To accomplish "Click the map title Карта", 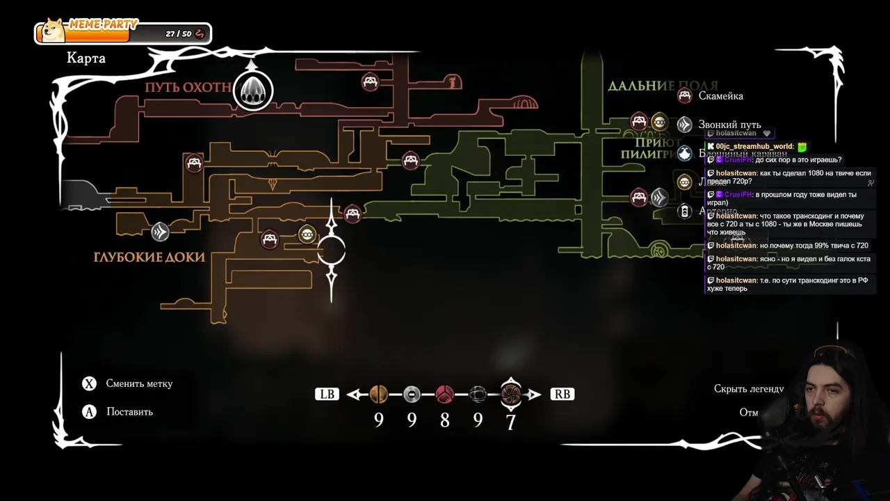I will point(86,58).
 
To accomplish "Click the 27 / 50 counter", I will point(179,33).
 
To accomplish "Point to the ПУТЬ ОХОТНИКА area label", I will point(188,88).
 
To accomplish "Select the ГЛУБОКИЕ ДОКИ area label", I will point(149,257).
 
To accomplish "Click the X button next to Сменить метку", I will point(89,384).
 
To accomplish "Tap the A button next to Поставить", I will point(89,412).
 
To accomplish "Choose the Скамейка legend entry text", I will point(720,96).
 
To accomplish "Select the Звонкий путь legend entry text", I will point(729,125).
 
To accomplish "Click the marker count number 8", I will point(445,421).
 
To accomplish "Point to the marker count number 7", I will point(511,422).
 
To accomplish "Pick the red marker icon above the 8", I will point(445,395).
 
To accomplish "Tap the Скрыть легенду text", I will point(749,389).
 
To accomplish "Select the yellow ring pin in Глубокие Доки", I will point(307,234).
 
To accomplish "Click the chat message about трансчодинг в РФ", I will point(788,285).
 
